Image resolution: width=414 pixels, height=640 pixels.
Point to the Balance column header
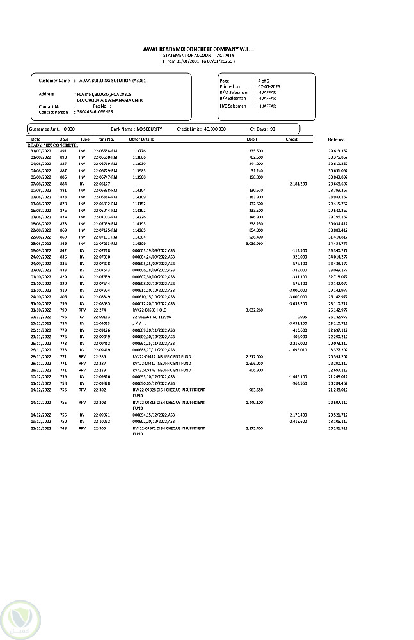click(337, 139)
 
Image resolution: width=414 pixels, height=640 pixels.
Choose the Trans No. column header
click(104, 139)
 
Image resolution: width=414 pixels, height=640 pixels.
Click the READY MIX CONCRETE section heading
click(52, 145)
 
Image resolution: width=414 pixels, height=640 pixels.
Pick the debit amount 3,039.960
click(255, 244)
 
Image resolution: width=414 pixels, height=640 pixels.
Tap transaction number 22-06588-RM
click(106, 150)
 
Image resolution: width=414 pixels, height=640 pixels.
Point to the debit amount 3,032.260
click(255, 310)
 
